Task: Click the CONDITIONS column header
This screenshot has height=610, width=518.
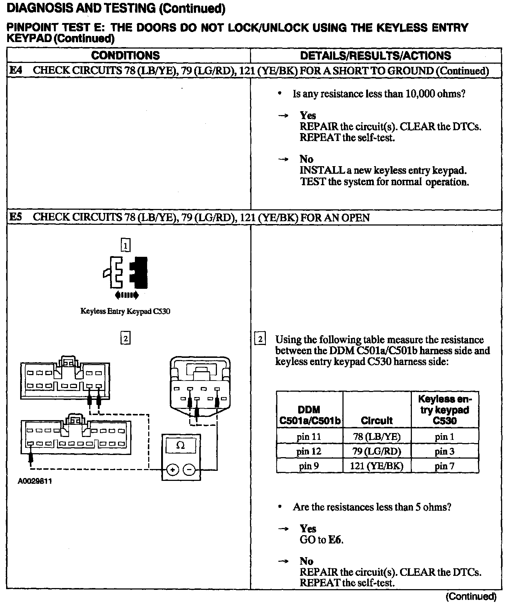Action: [125, 55]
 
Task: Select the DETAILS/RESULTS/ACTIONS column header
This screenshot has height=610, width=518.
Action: [375, 55]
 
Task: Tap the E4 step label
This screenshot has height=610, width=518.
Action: [15, 70]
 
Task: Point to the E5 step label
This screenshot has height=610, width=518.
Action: [15, 217]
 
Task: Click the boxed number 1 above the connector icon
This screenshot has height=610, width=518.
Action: [125, 245]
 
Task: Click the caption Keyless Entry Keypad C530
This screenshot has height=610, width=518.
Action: [125, 311]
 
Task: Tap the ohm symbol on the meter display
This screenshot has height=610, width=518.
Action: [181, 445]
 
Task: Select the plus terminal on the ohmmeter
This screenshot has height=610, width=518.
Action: [173, 470]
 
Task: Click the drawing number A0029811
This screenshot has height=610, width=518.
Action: [35, 481]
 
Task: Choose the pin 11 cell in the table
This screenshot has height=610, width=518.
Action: [309, 437]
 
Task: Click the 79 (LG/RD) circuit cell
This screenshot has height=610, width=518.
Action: [377, 451]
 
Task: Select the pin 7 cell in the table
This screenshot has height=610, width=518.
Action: [444, 466]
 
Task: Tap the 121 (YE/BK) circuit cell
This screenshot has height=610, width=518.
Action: [377, 466]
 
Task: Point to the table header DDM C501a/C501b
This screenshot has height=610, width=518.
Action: [309, 415]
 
